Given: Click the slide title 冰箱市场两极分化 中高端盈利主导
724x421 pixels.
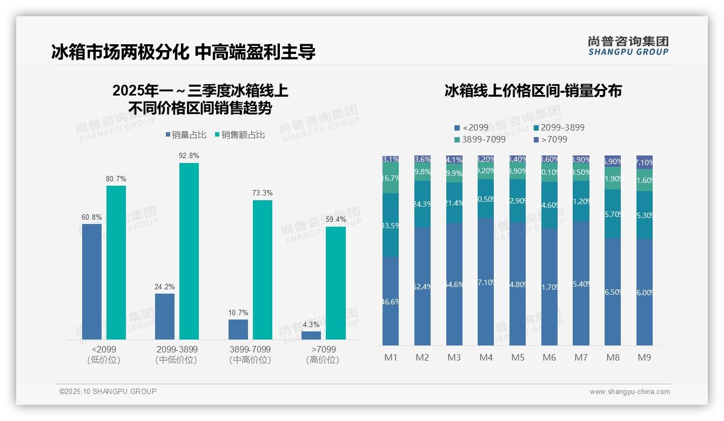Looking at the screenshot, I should (x=183, y=52).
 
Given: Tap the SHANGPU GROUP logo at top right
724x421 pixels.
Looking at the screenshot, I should (x=628, y=46).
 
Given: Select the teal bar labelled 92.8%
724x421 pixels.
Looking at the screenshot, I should (x=189, y=251).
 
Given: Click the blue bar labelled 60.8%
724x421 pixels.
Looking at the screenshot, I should (x=92, y=281).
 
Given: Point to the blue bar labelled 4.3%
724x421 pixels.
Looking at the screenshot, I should (x=311, y=335).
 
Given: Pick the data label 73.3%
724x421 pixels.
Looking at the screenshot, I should (x=263, y=193).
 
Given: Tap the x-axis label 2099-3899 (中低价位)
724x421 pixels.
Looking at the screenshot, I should (x=176, y=355).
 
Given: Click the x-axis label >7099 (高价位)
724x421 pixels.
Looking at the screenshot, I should (x=323, y=355).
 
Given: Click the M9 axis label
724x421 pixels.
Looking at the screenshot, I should (x=644, y=357).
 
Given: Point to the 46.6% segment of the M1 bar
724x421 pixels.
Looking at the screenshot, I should (x=391, y=301).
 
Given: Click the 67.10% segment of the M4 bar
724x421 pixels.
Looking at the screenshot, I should (x=486, y=282).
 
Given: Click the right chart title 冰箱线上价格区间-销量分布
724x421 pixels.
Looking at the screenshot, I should (x=533, y=91).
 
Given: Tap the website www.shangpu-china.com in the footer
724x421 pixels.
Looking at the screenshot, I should (x=629, y=392).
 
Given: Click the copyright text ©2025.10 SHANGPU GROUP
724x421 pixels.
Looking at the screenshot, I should (x=108, y=391).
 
